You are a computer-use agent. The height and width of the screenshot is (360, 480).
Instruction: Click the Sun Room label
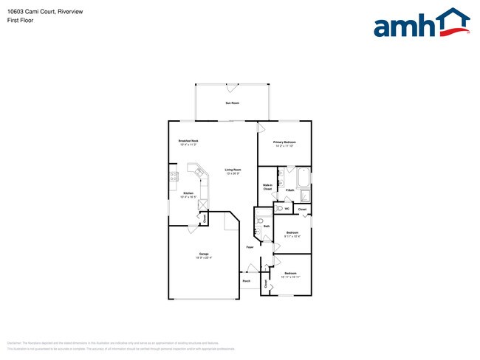(x=232, y=103)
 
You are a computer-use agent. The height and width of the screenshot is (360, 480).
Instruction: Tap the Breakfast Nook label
(x=188, y=140)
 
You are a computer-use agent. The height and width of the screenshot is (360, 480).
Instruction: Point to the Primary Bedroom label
(x=284, y=142)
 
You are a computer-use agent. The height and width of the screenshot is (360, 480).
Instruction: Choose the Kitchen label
(x=188, y=193)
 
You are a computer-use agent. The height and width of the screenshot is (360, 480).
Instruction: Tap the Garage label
(x=203, y=254)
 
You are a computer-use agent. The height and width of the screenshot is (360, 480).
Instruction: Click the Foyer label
(x=250, y=247)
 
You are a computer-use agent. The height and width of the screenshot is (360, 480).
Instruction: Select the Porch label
(x=247, y=281)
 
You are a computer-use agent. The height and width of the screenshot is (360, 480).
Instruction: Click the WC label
(x=287, y=209)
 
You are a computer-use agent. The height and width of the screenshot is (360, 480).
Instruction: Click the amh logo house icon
(x=452, y=21)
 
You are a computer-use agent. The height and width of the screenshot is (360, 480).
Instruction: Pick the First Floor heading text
(x=20, y=20)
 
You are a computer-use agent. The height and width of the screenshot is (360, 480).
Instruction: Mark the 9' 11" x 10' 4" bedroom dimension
(x=292, y=236)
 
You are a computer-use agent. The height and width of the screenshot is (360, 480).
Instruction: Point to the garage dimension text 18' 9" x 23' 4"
(x=203, y=257)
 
